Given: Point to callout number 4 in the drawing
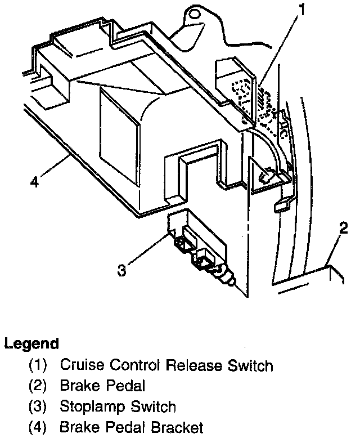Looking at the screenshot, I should pos(35,182).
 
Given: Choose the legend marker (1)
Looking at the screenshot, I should pos(38,366).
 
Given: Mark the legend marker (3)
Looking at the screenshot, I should pos(38,406).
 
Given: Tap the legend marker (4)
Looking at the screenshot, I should pos(38,427).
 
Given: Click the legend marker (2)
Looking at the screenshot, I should pos(38,386).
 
